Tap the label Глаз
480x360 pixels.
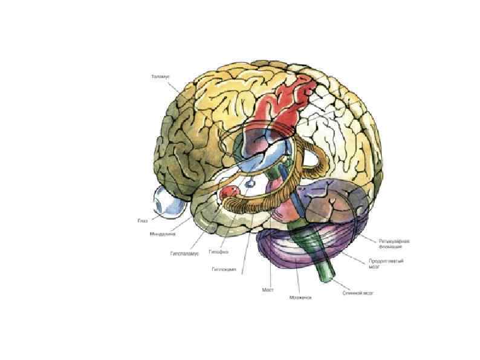143,220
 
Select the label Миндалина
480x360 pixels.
160,234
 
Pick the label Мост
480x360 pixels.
268,289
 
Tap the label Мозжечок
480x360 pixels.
300,297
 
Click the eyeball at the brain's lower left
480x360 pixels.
166,202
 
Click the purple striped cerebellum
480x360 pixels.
284,248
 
